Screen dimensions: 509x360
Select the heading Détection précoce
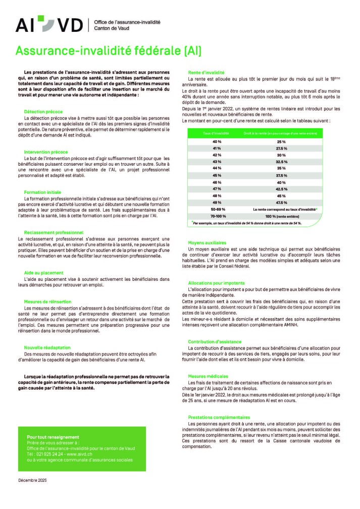tap(43, 111)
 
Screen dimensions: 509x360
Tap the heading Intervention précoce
tap(46, 151)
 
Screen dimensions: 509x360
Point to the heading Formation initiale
tap(42, 192)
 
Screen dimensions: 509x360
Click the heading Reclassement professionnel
tap(54, 232)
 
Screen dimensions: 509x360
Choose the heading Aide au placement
tap(44, 273)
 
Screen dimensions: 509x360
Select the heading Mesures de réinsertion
tap(47, 301)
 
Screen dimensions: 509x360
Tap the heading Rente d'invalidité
tap(206, 73)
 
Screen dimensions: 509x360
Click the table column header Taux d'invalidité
tap(216, 133)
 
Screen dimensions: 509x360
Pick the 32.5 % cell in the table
tap(282, 161)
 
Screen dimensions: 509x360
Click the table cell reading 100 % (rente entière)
tap(282, 216)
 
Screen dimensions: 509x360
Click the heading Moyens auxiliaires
tap(207, 242)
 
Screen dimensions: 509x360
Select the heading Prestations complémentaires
tap(219, 417)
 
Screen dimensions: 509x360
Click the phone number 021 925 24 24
tap(50, 454)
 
